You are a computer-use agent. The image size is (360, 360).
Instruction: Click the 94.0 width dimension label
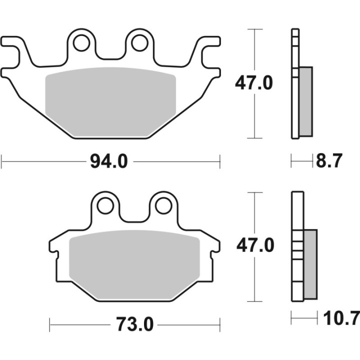[109, 162]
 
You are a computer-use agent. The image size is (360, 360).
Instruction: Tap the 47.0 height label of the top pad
[254, 83]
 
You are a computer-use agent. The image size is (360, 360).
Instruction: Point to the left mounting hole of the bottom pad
[105, 205]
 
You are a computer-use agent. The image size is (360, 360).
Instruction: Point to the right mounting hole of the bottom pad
[163, 205]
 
